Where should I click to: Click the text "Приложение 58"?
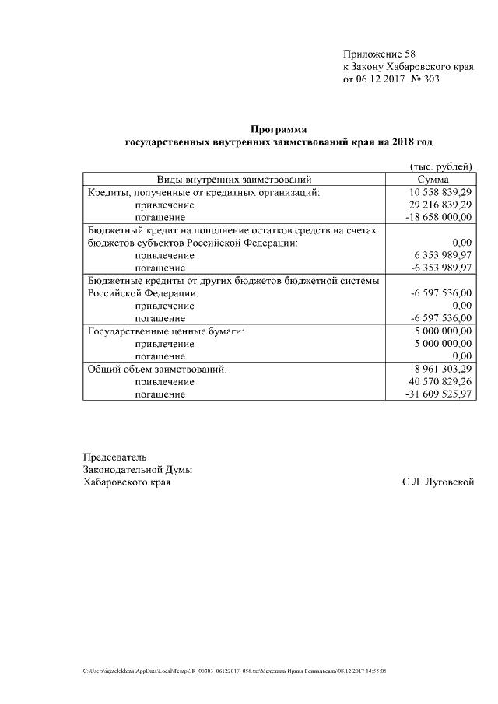point(380,54)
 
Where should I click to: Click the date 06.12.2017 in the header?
point(382,79)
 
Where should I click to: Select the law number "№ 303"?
point(426,79)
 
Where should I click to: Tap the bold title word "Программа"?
point(279,129)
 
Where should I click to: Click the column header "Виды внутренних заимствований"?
point(234,180)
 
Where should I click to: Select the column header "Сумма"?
point(433,180)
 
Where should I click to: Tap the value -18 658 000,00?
point(439,217)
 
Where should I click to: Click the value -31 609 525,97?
point(439,394)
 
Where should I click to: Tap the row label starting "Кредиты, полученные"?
point(204,192)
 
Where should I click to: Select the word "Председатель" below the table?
point(114,457)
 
